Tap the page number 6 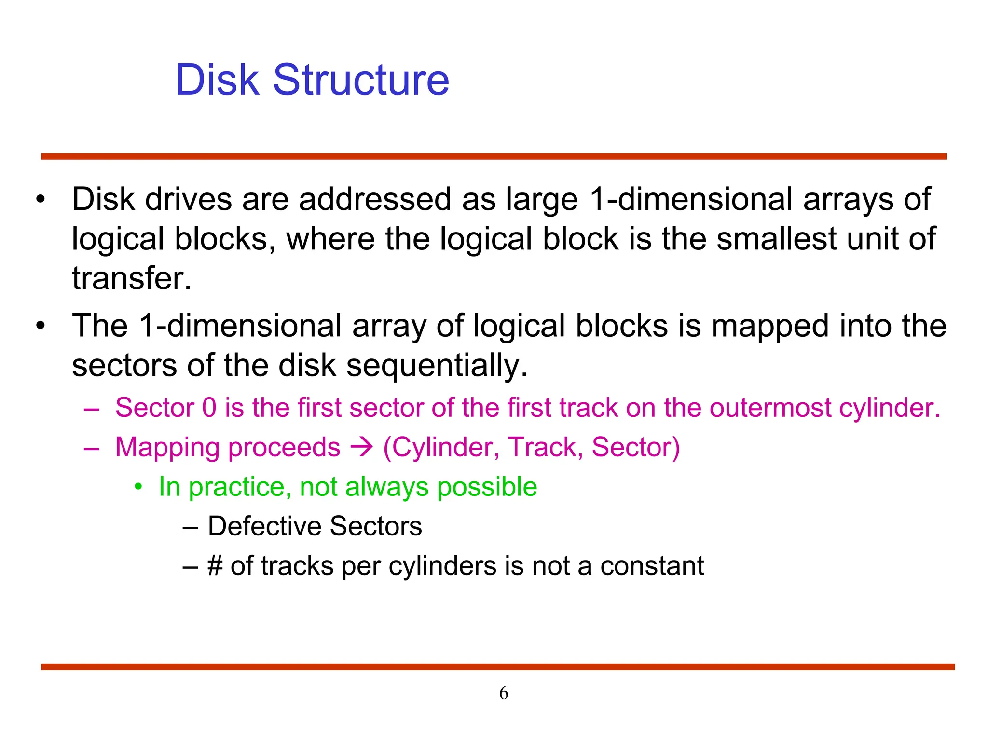[x=504, y=693]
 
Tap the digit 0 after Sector [x=209, y=408]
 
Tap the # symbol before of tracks [x=215, y=565]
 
